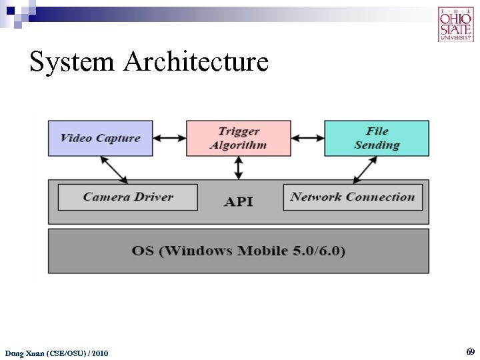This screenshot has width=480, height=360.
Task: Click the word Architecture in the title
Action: [x=196, y=62]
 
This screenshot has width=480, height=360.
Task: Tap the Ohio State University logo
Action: [x=455, y=25]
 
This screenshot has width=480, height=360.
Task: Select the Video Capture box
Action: [x=100, y=138]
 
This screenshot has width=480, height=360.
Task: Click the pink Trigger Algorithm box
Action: [x=238, y=138]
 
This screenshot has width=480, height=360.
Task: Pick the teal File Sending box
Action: [x=377, y=138]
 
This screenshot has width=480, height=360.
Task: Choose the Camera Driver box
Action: [x=128, y=197]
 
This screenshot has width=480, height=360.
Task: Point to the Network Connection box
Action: [x=353, y=197]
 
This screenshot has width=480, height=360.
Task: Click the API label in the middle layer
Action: [x=239, y=201]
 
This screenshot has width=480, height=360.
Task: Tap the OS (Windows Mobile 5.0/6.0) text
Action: [x=239, y=251]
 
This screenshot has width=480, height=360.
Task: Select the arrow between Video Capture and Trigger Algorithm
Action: [x=169, y=138]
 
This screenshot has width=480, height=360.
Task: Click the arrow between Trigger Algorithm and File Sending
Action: [x=307, y=138]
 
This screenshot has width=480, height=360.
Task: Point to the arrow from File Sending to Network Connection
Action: [x=365, y=169]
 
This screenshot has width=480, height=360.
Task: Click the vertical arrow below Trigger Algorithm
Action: [x=239, y=168]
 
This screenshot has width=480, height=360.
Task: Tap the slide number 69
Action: [x=471, y=351]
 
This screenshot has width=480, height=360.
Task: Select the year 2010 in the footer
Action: [x=99, y=353]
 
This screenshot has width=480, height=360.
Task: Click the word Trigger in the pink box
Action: [x=239, y=131]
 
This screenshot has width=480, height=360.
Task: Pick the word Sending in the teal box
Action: [x=377, y=145]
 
